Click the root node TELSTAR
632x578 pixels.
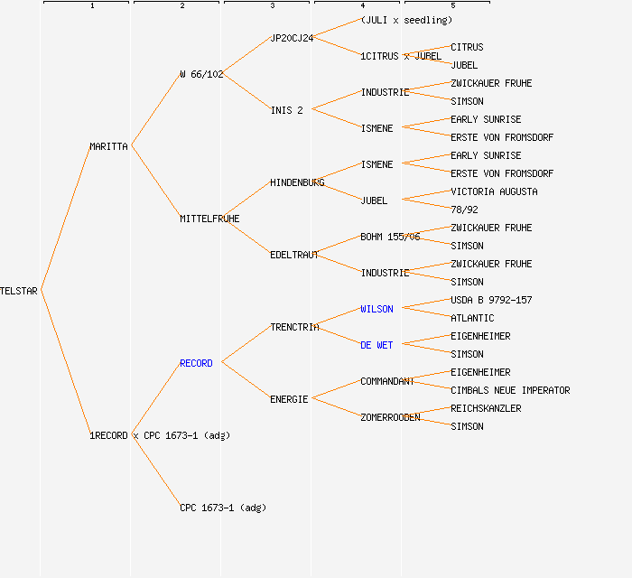(19, 291)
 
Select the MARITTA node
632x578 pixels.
(108, 146)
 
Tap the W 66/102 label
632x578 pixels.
(201, 74)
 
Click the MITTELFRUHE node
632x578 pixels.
(209, 219)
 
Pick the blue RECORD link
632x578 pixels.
(196, 363)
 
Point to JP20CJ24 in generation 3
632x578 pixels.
(292, 38)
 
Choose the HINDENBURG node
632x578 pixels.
(297, 182)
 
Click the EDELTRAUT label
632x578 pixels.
(294, 255)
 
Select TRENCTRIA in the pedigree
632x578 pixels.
(294, 327)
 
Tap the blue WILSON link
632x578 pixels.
(376, 309)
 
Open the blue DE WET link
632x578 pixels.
(376, 345)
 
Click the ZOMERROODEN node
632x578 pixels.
(390, 417)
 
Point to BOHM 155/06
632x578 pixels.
(390, 237)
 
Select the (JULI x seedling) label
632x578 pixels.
(406, 20)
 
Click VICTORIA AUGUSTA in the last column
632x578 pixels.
(494, 191)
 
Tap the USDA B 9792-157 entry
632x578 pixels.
(491, 300)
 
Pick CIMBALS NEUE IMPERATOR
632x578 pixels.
(510, 390)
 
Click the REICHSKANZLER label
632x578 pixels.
(486, 408)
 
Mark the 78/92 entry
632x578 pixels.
(464, 210)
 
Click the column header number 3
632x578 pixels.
(272, 6)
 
